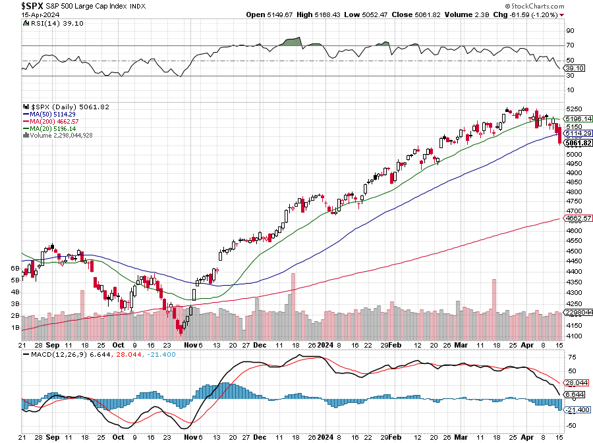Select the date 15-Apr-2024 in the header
point(26,14)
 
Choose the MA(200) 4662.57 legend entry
point(53,120)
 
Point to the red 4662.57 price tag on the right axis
point(578,218)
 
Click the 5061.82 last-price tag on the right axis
point(578,143)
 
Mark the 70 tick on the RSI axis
point(570,45)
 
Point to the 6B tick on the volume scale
point(14,269)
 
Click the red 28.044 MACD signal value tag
point(575,382)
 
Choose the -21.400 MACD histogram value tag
point(575,409)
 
